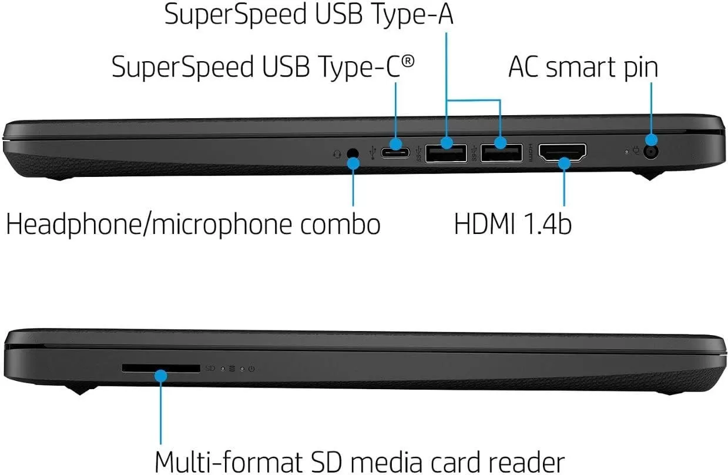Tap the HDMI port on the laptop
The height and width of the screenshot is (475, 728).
pyautogui.click(x=562, y=152)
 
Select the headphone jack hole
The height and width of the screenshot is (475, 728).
pyautogui.click(x=353, y=154)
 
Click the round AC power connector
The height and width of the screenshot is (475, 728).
pyautogui.click(x=651, y=152)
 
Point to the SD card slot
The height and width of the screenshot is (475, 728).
pyautogui.click(x=160, y=368)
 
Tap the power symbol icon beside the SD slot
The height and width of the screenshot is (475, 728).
pyautogui.click(x=251, y=369)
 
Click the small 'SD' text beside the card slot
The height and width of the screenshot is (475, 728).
pyautogui.click(x=210, y=369)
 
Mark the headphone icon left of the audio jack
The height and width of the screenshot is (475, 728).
pyautogui.click(x=337, y=153)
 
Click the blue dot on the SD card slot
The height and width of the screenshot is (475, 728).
pyautogui.click(x=160, y=374)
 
